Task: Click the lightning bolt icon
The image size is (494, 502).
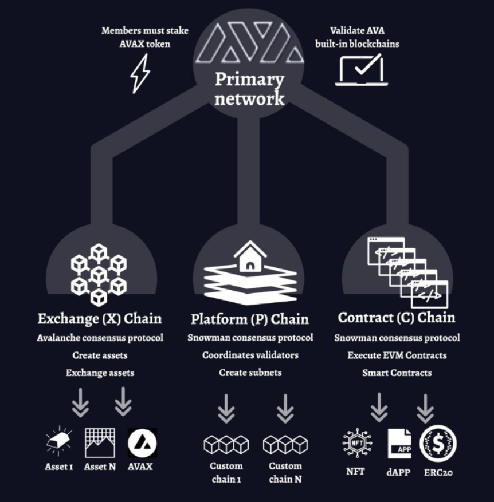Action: tap(140, 73)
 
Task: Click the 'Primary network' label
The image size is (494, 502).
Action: tap(249, 89)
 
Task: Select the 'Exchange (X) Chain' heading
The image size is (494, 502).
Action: tap(100, 318)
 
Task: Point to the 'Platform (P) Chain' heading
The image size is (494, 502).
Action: tap(250, 319)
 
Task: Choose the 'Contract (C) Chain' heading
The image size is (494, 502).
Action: tap(397, 318)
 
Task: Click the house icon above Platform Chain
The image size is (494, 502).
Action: tap(250, 256)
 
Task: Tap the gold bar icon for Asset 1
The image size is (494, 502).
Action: tap(59, 443)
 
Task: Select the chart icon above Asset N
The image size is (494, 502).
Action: tap(100, 442)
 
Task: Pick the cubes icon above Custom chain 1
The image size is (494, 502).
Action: tap(226, 444)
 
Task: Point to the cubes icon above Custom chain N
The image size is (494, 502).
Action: tap(285, 444)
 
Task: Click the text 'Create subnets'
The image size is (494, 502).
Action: tap(250, 373)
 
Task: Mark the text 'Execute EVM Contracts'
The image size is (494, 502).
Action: tap(397, 355)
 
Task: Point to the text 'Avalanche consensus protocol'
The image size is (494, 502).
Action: tap(100, 338)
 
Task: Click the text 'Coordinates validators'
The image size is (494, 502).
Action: tap(250, 355)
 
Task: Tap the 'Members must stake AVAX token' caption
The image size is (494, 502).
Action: tap(145, 37)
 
